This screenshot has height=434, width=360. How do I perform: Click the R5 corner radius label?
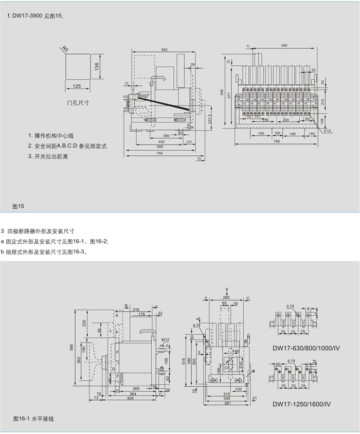(x=65, y=49)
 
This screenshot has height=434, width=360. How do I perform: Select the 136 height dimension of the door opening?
(x=97, y=66)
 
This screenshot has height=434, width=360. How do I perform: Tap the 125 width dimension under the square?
(x=77, y=86)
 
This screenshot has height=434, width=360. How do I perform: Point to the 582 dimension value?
(x=164, y=50)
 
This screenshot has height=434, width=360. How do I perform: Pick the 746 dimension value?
(x=160, y=154)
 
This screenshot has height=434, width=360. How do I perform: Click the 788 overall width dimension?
(x=277, y=140)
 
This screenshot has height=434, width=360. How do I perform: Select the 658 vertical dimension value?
(x=223, y=93)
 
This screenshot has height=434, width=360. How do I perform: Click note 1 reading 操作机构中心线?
(x=51, y=136)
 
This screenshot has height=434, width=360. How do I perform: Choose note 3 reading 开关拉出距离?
(x=49, y=156)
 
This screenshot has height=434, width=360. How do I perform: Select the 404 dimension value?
(x=130, y=398)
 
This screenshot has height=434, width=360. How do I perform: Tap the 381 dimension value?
(x=227, y=403)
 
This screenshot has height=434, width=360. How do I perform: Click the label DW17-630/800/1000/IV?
(x=306, y=348)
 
